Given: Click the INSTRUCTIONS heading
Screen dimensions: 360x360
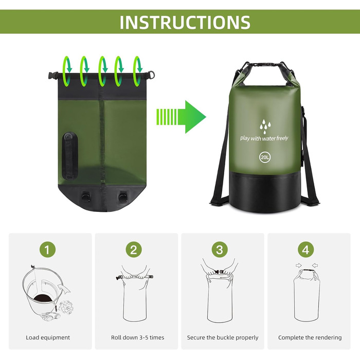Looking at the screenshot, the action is click(x=185, y=22).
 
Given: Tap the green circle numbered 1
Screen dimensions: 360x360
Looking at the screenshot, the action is click(x=47, y=249).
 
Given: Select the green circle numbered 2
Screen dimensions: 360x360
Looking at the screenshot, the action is click(x=134, y=249).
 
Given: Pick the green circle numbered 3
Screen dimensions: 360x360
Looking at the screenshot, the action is click(x=220, y=249).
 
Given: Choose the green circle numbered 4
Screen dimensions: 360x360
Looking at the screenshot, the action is click(x=306, y=249).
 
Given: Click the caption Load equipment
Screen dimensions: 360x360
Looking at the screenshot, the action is click(x=48, y=337).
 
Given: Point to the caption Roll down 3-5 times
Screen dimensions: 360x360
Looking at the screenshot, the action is click(x=137, y=337).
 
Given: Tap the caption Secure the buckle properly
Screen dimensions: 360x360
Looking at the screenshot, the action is click(x=223, y=337).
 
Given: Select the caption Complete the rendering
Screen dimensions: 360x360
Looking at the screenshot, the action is click(x=310, y=337).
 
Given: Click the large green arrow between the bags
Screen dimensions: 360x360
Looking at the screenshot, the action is click(x=181, y=117).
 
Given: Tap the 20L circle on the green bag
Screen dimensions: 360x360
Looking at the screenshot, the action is click(x=265, y=157).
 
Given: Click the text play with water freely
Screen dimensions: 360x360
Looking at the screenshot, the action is click(x=264, y=138).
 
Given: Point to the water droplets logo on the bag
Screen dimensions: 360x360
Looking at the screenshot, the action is click(x=265, y=127).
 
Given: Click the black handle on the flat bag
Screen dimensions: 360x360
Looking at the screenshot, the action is click(x=70, y=156).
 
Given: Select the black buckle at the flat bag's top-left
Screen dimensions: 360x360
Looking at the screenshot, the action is click(x=53, y=76).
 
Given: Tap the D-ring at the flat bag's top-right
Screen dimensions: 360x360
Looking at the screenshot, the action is click(x=151, y=75).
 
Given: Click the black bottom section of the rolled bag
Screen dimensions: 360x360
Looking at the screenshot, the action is click(x=265, y=192).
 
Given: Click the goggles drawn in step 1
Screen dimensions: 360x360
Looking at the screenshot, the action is click(x=50, y=317).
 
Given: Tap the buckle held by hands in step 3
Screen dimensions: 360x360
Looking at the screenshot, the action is click(x=219, y=272).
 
